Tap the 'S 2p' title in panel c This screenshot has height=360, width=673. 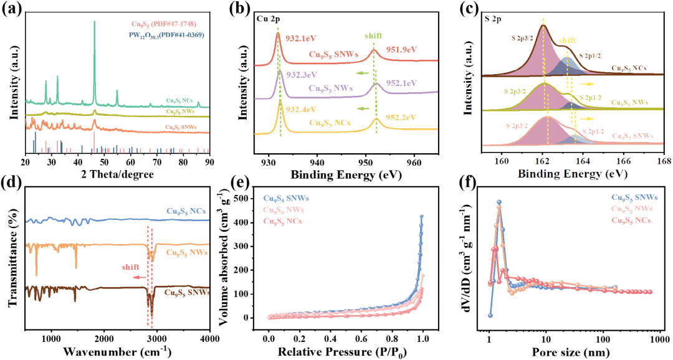point(494,19)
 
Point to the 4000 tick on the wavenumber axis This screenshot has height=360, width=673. point(209,338)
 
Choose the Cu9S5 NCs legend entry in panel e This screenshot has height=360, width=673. point(289,221)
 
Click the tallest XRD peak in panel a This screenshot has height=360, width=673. point(94,22)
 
